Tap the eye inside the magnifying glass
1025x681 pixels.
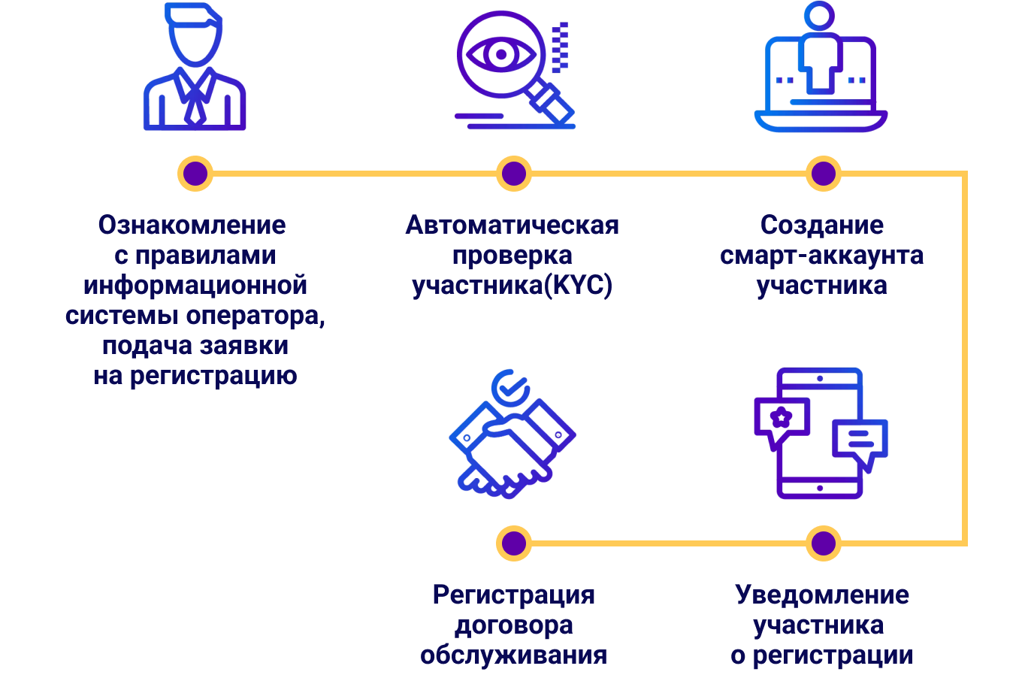pos(500,54)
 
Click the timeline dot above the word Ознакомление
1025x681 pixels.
pos(195,174)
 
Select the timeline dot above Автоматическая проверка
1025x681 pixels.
pos(514,174)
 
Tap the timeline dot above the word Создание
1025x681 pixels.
pos(824,174)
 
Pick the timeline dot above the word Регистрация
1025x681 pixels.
pos(514,543)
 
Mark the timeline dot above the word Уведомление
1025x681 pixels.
pos(824,543)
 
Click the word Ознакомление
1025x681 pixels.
pos(192,225)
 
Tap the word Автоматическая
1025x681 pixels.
pos(512,225)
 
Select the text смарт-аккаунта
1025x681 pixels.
pos(821,256)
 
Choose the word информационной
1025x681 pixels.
pos(195,286)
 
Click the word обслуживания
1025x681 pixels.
pos(514,655)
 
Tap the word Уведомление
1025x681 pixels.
pos(822,595)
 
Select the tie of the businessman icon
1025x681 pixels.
pos(195,101)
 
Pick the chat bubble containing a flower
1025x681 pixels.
pos(782,418)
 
